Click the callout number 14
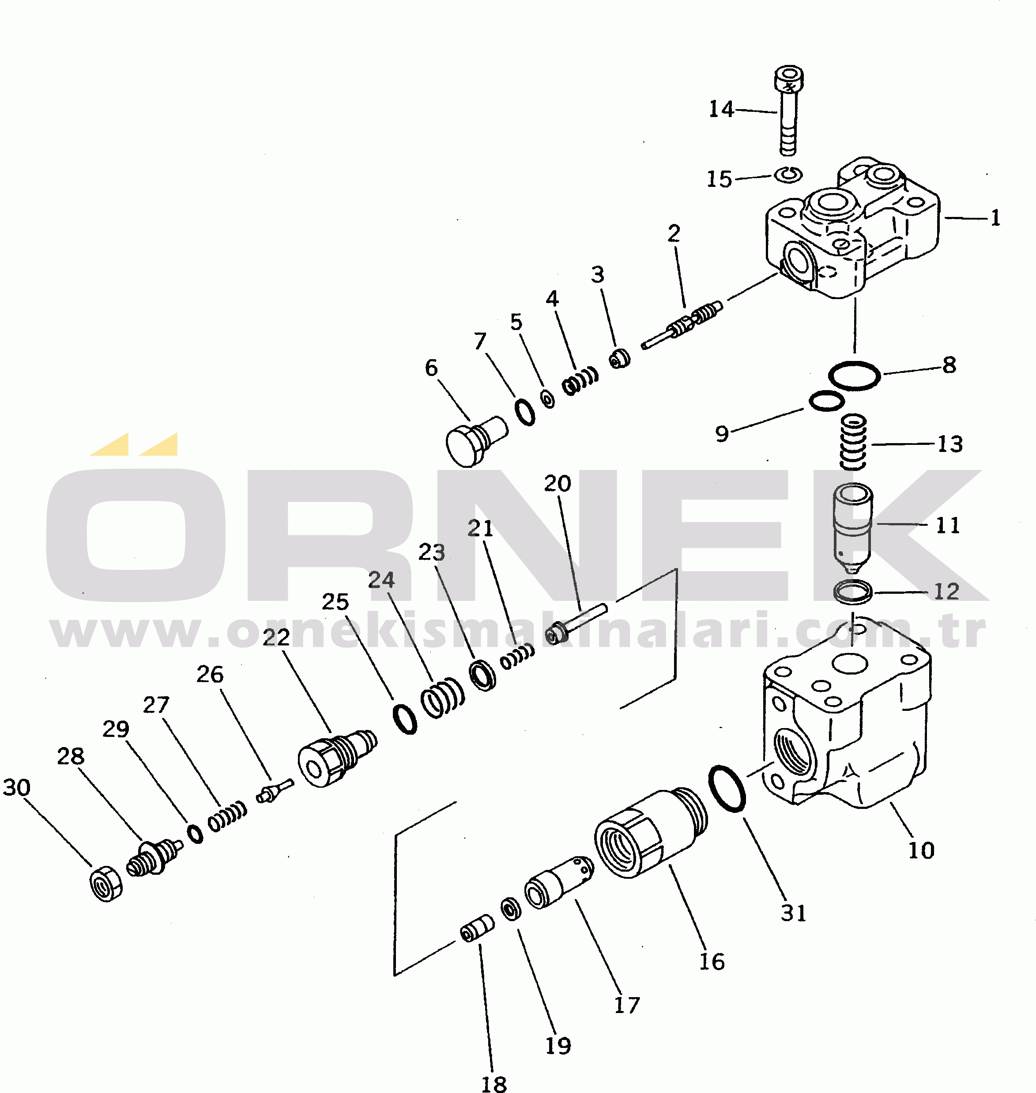[721, 110]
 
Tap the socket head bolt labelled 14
[789, 110]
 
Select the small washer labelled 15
[788, 175]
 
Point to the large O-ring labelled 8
[854, 376]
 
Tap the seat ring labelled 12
[853, 591]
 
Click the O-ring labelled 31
[727, 789]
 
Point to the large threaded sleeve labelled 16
[649, 835]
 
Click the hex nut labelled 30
[105, 884]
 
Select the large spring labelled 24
[442, 699]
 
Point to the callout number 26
[210, 675]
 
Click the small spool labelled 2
[682, 326]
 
